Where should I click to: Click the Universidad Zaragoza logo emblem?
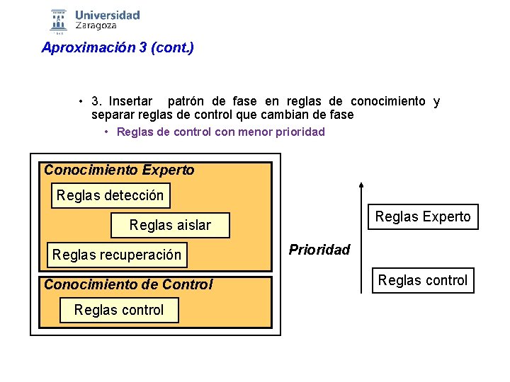pyautogui.click(x=59, y=21)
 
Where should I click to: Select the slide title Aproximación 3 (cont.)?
pyautogui.click(x=118, y=48)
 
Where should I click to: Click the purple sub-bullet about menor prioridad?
pyautogui.click(x=220, y=132)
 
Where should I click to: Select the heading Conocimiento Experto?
pyautogui.click(x=119, y=170)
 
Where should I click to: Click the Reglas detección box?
pyautogui.click(x=110, y=195)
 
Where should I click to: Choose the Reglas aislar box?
pyautogui.click(x=170, y=225)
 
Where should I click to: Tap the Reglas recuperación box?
pyautogui.click(x=117, y=255)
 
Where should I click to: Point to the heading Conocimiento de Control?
pyautogui.click(x=128, y=284)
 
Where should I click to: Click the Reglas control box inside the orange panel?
pyautogui.click(x=119, y=310)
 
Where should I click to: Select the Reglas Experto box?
pyautogui.click(x=423, y=216)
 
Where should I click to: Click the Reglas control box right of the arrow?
pyautogui.click(x=423, y=280)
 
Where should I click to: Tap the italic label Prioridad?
pyautogui.click(x=319, y=250)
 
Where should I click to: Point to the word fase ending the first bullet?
pyautogui.click(x=339, y=115)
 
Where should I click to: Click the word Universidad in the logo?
pyautogui.click(x=107, y=14)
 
